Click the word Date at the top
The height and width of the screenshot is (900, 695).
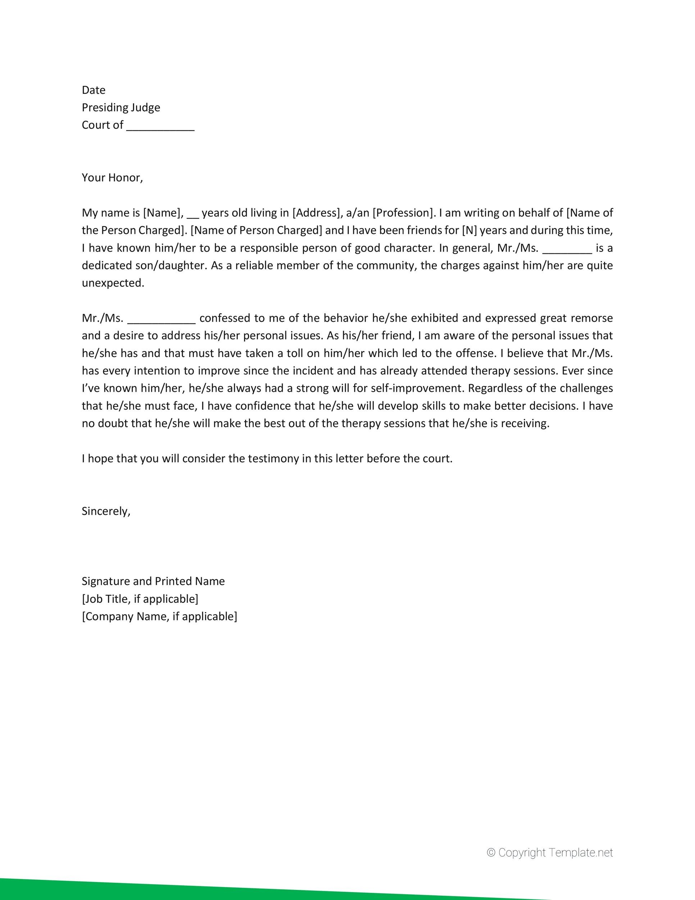[94, 90]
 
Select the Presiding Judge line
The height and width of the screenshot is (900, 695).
[121, 108]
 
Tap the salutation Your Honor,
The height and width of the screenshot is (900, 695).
[112, 177]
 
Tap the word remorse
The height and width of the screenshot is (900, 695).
[591, 318]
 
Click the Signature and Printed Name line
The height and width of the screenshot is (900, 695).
[153, 581]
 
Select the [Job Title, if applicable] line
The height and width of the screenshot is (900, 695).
[140, 599]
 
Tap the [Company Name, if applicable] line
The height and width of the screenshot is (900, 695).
[159, 616]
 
